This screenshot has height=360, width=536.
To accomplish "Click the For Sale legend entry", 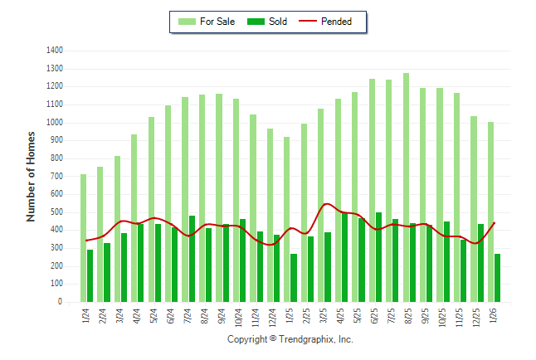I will pos(211,22).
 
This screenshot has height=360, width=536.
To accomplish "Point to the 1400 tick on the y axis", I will pos(55,51).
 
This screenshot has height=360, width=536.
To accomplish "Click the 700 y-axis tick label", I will pos(57,177).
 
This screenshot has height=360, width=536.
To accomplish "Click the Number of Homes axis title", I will pos(31,176).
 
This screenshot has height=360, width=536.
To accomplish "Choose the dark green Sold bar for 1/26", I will pos(497,278).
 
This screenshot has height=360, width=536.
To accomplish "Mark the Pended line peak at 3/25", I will pos(326,204).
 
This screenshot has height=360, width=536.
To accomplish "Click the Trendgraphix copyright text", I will pos(290,339).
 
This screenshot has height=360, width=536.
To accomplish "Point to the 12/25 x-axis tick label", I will pos(477,317).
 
